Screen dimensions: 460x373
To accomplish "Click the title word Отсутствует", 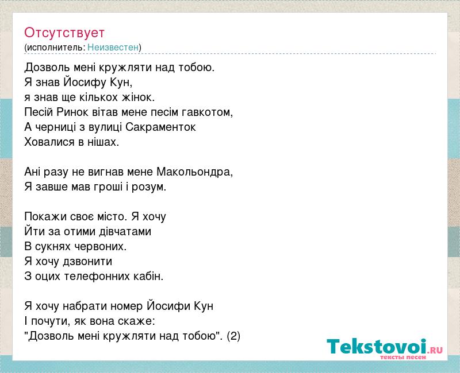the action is [64, 33].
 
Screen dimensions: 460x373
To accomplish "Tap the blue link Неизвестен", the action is [113, 47].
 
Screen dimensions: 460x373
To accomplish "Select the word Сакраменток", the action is [160, 127].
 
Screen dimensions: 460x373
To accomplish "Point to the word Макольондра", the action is [194, 172].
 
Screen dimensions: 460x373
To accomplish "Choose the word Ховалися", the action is [49, 142].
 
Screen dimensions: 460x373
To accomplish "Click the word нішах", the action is [103, 142].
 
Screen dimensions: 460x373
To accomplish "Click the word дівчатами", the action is [125, 232].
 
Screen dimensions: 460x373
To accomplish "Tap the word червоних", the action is [100, 247].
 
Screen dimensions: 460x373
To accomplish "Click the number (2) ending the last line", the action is [233, 336].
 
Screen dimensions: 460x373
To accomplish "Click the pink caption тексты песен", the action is [403, 357].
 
